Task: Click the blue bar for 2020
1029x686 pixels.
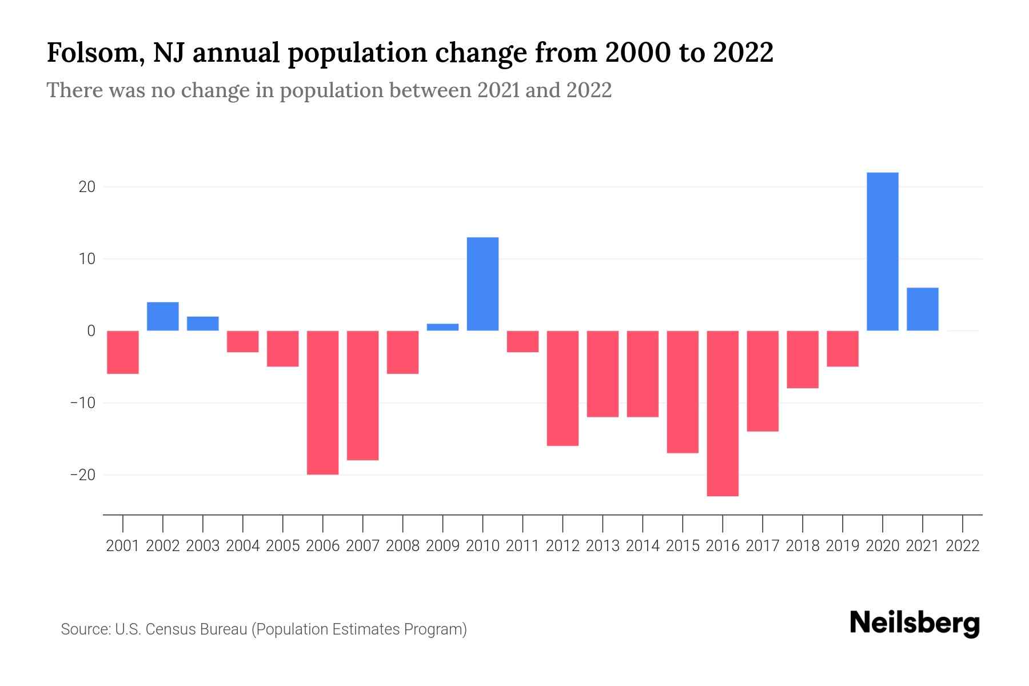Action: pyautogui.click(x=883, y=252)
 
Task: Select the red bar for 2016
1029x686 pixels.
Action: pyautogui.click(x=723, y=413)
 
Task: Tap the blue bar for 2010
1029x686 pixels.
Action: pyautogui.click(x=482, y=284)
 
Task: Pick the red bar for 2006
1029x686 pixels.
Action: pyautogui.click(x=322, y=402)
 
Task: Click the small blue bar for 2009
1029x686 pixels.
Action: pyautogui.click(x=442, y=327)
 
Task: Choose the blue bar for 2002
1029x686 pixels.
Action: pyautogui.click(x=163, y=316)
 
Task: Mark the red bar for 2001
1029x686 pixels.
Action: pyautogui.click(x=123, y=352)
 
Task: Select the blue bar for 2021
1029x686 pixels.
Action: pyautogui.click(x=923, y=309)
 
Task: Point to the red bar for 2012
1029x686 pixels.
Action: pyautogui.click(x=563, y=388)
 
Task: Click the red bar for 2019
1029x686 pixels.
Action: pyautogui.click(x=843, y=349)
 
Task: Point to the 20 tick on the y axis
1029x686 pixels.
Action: pyautogui.click(x=87, y=187)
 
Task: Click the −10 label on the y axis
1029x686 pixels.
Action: pyautogui.click(x=82, y=403)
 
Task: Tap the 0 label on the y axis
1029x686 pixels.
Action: pyautogui.click(x=91, y=331)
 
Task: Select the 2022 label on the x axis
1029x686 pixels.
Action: pyautogui.click(x=963, y=546)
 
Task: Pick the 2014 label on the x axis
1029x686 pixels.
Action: pyautogui.click(x=643, y=546)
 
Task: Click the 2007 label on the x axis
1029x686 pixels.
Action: pyautogui.click(x=362, y=546)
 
